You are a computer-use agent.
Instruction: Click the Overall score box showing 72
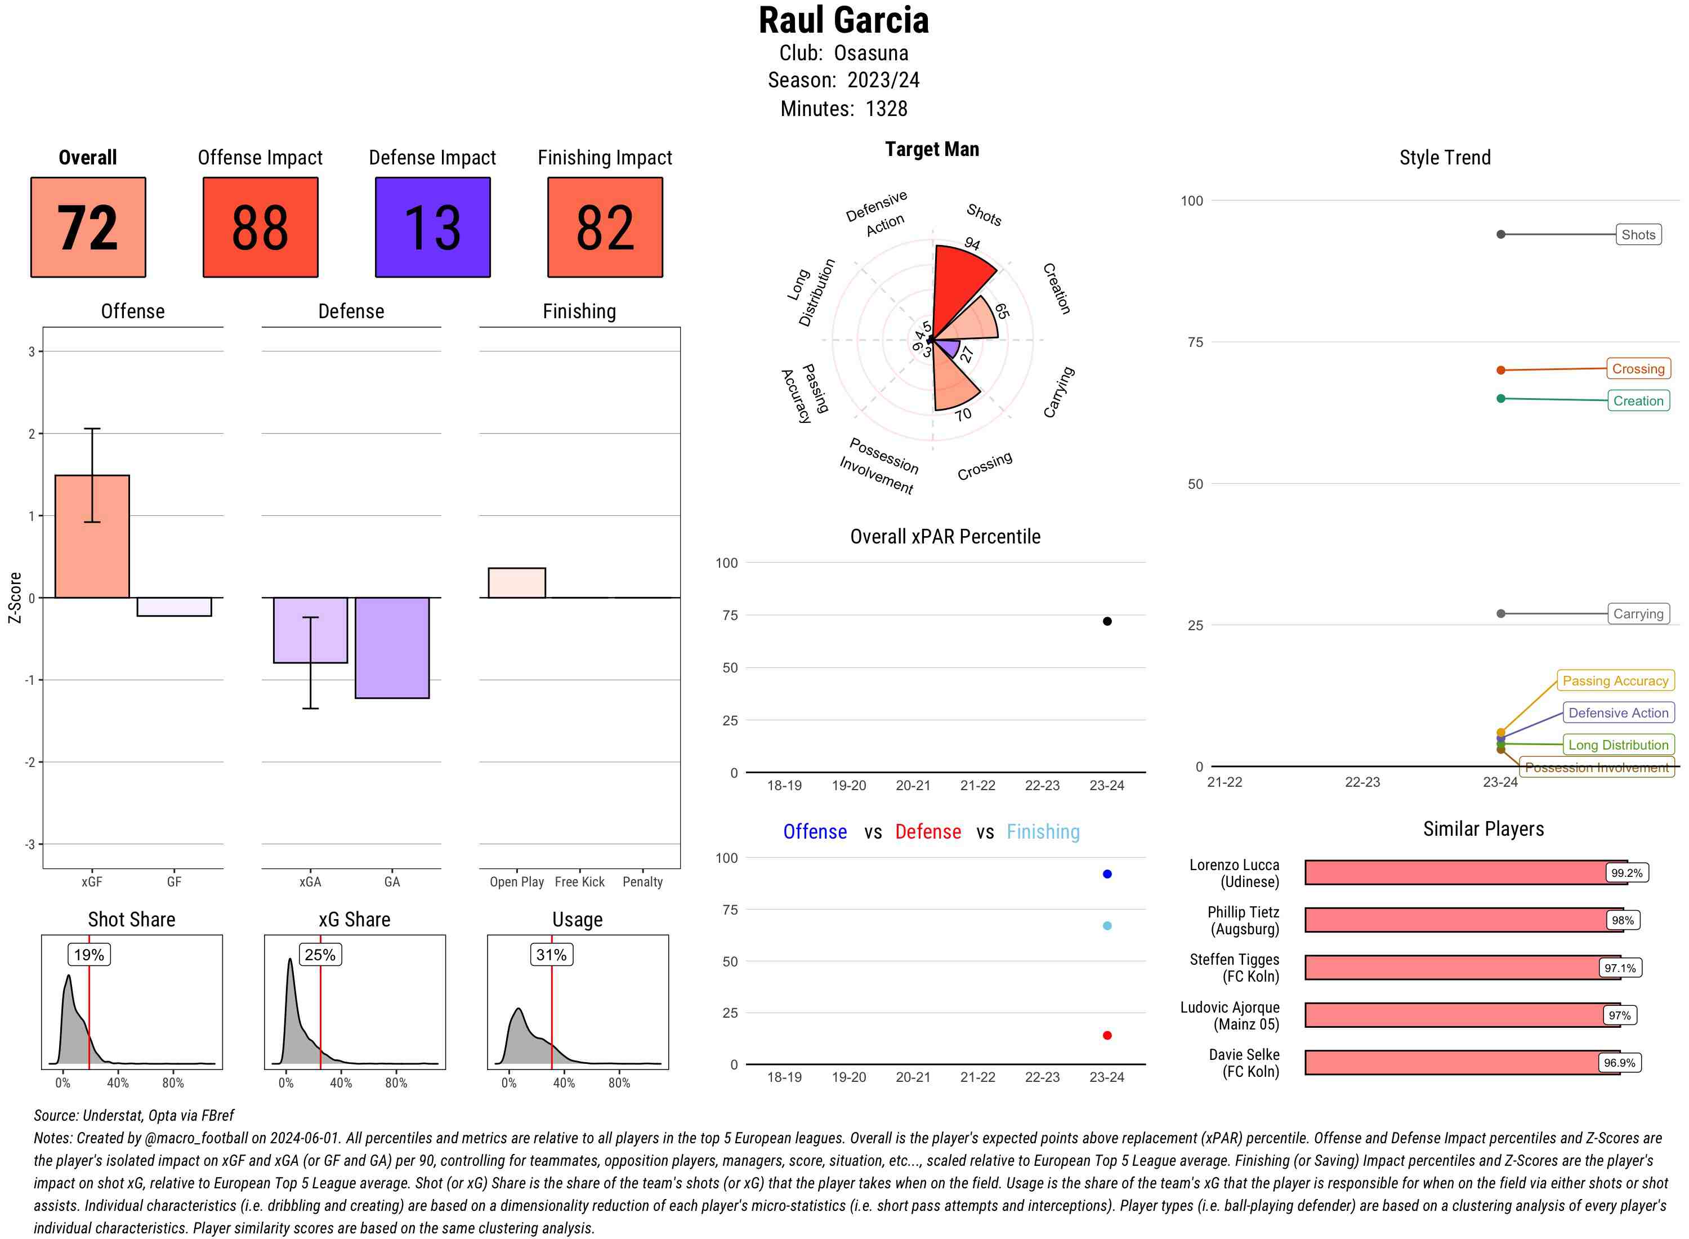[x=88, y=228]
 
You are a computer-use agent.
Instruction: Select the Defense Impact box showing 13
[x=432, y=228]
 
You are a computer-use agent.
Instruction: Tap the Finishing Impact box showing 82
[x=605, y=228]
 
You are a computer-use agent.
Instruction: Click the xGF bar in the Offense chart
[x=92, y=536]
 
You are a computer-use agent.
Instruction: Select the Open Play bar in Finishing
[x=516, y=583]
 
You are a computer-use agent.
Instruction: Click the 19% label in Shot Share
[x=89, y=955]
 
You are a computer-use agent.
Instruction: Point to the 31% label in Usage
[x=552, y=955]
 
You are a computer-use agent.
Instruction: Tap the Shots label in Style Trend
[x=1638, y=235]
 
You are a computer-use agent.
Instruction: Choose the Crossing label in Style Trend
[x=1638, y=369]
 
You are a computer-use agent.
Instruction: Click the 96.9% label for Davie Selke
[x=1619, y=1063]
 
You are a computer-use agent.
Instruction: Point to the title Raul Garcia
[x=843, y=21]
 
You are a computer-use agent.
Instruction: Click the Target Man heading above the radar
[x=932, y=149]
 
